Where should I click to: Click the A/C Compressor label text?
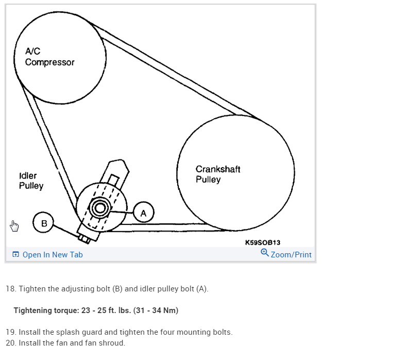pyautogui.click(x=49, y=57)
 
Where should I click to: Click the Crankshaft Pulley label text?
pyautogui.click(x=217, y=174)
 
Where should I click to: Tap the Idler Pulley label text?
pyautogui.click(x=31, y=181)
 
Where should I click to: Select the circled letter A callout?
pyautogui.click(x=143, y=212)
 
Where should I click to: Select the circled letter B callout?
pyautogui.click(x=44, y=223)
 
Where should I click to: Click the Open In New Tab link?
pyautogui.click(x=53, y=255)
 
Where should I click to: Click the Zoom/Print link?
pyautogui.click(x=291, y=255)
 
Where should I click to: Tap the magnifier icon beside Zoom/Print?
pyautogui.click(x=265, y=253)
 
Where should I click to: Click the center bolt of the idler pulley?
pyautogui.click(x=99, y=208)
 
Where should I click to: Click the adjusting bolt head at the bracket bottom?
pyautogui.click(x=83, y=238)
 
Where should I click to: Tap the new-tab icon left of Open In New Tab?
pyautogui.click(x=15, y=255)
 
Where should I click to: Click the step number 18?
pyautogui.click(x=10, y=288)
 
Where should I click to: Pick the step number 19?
pyautogui.click(x=10, y=332)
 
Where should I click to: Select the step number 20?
pyautogui.click(x=11, y=343)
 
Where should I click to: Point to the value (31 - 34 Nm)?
pyautogui.click(x=155, y=310)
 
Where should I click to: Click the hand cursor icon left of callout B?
pyautogui.click(x=14, y=225)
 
